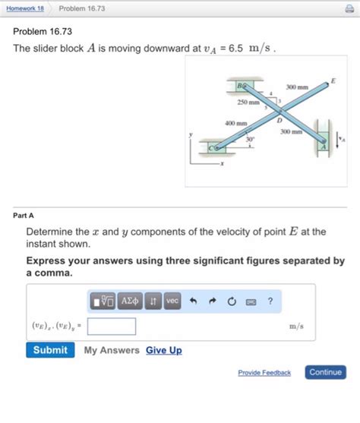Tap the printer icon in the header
tap(349, 8)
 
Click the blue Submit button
tap(50, 350)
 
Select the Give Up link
tap(163, 350)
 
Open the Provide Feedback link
tap(264, 373)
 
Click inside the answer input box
tap(112, 327)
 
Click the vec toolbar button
tap(172, 301)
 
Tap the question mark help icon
tap(270, 301)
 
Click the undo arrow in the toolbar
tap(194, 301)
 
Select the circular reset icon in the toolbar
tap(232, 301)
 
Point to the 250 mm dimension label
tap(249, 101)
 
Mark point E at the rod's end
tap(331, 81)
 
